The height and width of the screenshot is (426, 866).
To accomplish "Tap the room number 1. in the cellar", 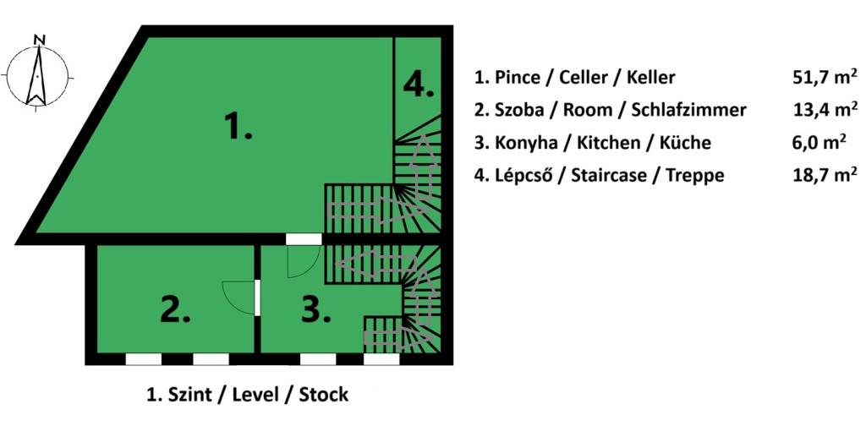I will [238, 127].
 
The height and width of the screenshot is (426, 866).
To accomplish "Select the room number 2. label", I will [175, 310].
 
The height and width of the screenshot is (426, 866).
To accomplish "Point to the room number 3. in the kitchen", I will [315, 310].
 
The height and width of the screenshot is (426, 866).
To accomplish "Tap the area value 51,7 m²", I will [824, 78].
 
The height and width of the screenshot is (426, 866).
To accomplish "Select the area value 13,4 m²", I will [824, 110].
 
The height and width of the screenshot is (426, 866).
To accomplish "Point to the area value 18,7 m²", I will [824, 175].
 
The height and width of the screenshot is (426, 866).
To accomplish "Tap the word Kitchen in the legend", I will [605, 143].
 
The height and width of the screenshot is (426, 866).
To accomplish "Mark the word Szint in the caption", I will [191, 395].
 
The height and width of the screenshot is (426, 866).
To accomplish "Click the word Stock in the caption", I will [323, 395].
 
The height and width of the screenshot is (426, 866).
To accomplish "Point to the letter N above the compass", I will [38, 39].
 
